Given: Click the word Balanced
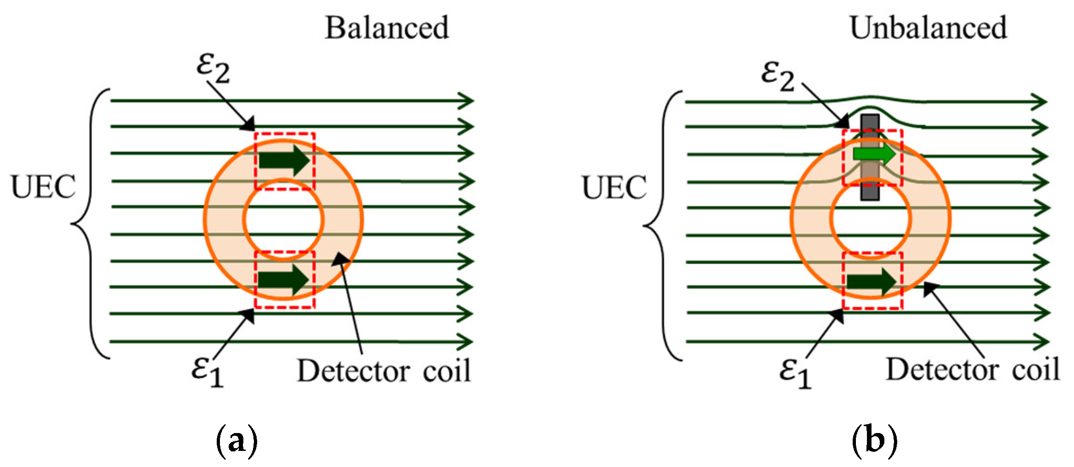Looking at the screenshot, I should click(387, 28).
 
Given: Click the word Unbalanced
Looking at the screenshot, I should click(928, 28).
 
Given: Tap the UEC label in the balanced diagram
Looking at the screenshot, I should click(43, 187).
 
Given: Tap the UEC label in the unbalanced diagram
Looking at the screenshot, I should click(614, 188).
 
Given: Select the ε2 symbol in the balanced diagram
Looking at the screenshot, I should click(213, 69).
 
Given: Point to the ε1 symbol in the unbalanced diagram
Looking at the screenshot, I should click(795, 373).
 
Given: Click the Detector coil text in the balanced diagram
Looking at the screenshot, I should click(384, 371).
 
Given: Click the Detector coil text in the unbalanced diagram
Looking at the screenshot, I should click(973, 369).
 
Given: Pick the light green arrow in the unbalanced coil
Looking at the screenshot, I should click(874, 154).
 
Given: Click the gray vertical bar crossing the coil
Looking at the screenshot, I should click(870, 193).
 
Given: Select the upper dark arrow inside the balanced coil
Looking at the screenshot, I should click(284, 160).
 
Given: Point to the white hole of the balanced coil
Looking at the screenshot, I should click(283, 219).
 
